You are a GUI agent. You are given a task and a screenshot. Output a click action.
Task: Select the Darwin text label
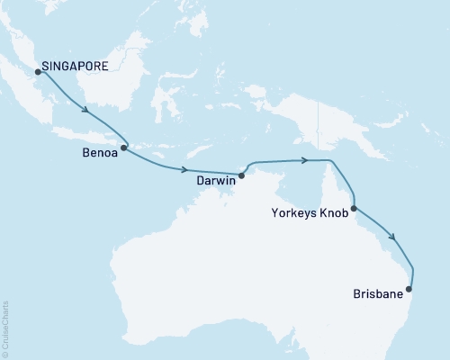click(216, 180)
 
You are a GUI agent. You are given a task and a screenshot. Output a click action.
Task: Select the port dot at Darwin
click(241, 175)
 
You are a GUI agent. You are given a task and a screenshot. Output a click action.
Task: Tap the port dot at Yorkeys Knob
click(354, 209)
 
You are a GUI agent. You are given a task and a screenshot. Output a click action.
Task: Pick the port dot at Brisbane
click(410, 289)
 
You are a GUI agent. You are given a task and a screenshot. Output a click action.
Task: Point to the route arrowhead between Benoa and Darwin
click(185, 169)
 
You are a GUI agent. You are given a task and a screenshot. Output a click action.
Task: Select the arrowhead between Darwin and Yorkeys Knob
click(307, 160)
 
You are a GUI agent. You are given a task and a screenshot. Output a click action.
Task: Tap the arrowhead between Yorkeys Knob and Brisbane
click(393, 238)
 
